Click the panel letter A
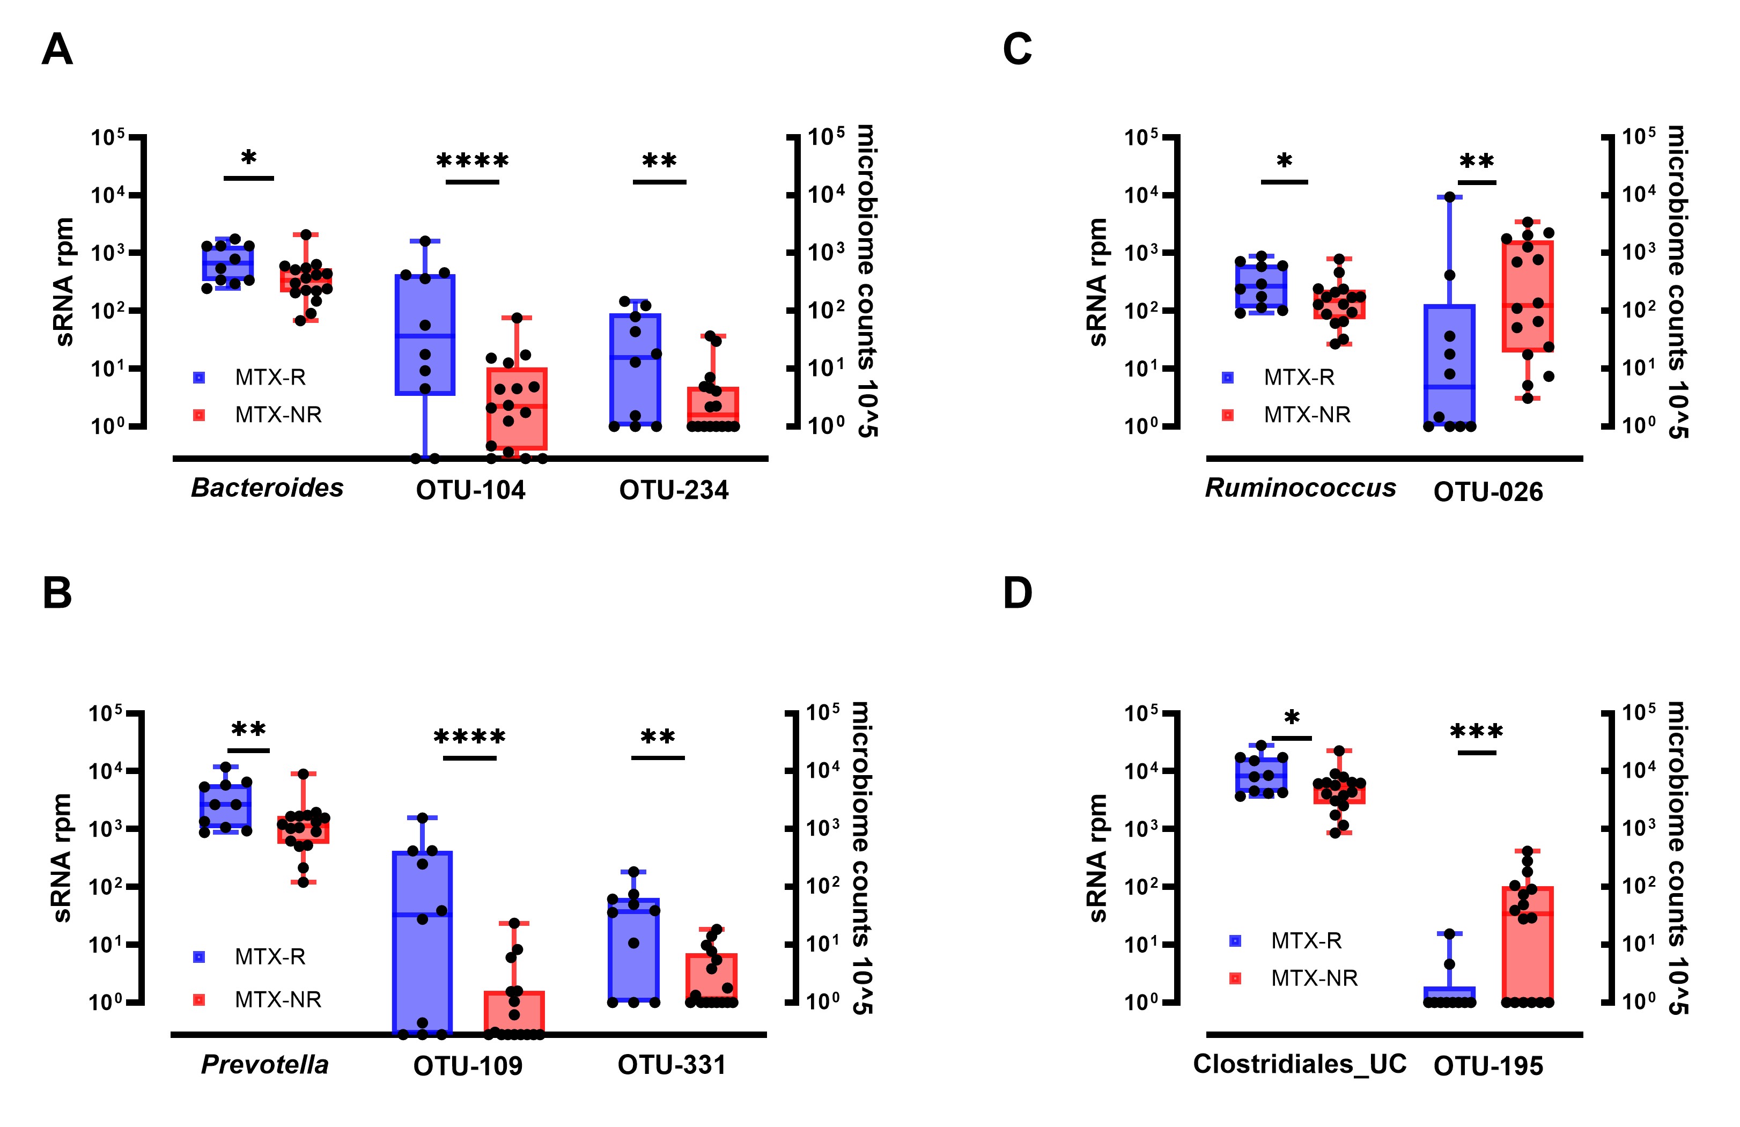(57, 50)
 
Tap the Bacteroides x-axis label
(267, 488)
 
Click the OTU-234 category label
(673, 490)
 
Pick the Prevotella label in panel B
(264, 1064)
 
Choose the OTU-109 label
(467, 1066)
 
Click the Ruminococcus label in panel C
(1300, 488)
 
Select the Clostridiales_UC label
(1299, 1064)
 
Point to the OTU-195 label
(1488, 1066)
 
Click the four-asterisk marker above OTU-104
(473, 161)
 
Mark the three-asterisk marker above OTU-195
(1476, 731)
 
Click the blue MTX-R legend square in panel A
(199, 378)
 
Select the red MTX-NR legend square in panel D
(1235, 978)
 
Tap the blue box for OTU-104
(425, 334)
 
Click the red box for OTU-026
(1527, 296)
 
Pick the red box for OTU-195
(1527, 944)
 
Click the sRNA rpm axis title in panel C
(1097, 282)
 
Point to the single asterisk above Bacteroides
(248, 158)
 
